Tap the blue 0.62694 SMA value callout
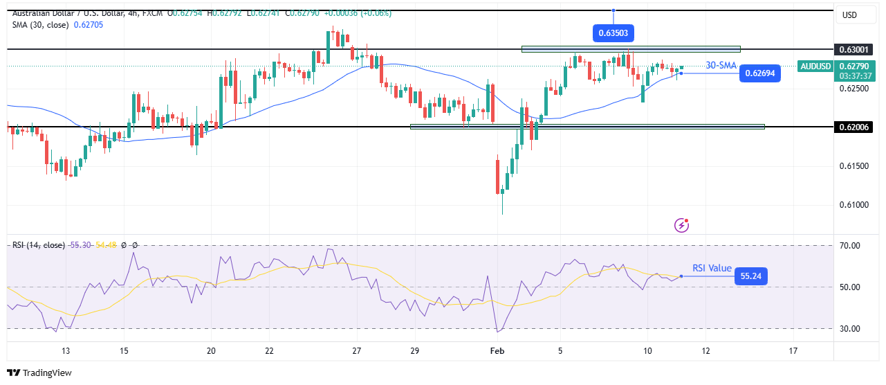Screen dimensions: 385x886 (759, 73)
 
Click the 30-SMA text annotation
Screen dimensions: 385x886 (720, 65)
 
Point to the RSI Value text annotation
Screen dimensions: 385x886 (712, 267)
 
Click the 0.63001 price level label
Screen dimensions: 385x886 (856, 50)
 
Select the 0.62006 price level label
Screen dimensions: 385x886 (856, 127)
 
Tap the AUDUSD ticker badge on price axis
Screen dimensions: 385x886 (815, 66)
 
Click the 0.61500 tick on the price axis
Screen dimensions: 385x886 (855, 166)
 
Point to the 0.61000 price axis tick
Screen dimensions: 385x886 (855, 205)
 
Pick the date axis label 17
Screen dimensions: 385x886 (793, 351)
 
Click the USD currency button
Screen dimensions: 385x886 (848, 15)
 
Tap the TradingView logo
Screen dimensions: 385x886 (40, 373)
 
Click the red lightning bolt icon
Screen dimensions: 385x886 (682, 225)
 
